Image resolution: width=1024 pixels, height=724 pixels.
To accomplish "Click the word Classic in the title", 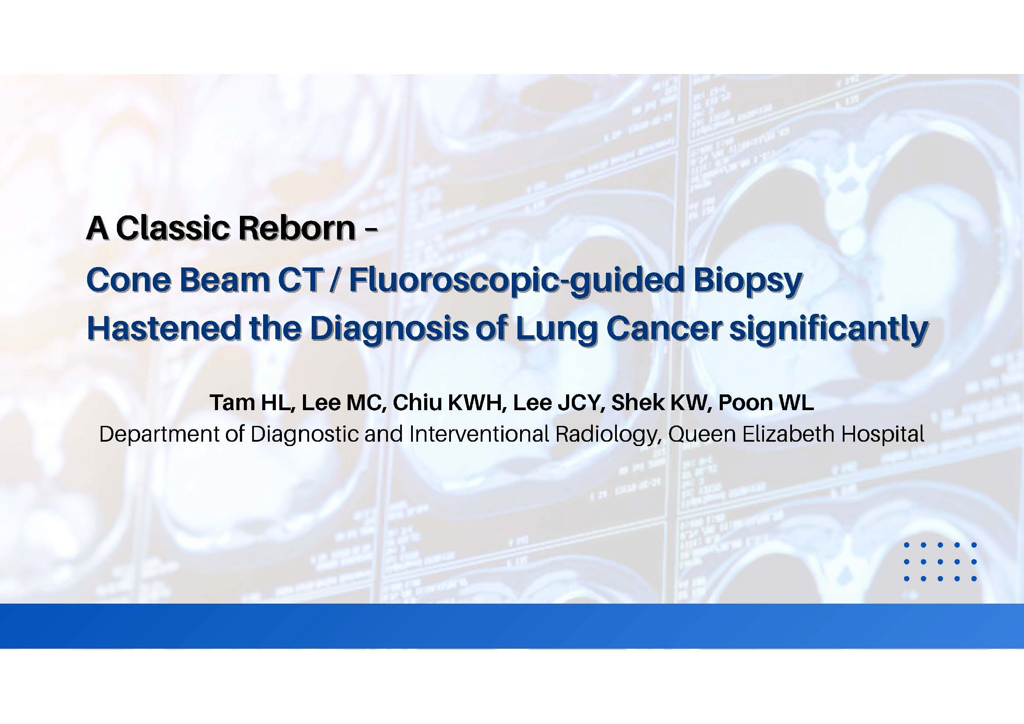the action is (173, 228).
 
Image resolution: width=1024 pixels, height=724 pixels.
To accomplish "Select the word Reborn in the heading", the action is (296, 228).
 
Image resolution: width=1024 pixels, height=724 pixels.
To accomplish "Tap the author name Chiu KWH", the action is (449, 403).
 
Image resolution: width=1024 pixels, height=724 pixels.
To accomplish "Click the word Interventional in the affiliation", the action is (479, 434).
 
